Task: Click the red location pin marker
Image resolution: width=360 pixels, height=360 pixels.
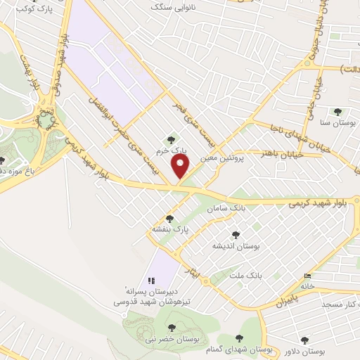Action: pos(181,167)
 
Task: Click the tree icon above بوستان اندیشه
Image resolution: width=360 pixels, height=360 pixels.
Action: pos(235,236)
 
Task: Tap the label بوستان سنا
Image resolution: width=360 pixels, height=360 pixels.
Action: pos(338,122)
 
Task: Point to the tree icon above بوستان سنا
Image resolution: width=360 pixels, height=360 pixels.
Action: pos(338,111)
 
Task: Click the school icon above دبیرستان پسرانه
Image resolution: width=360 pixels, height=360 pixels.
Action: pos(151,280)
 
